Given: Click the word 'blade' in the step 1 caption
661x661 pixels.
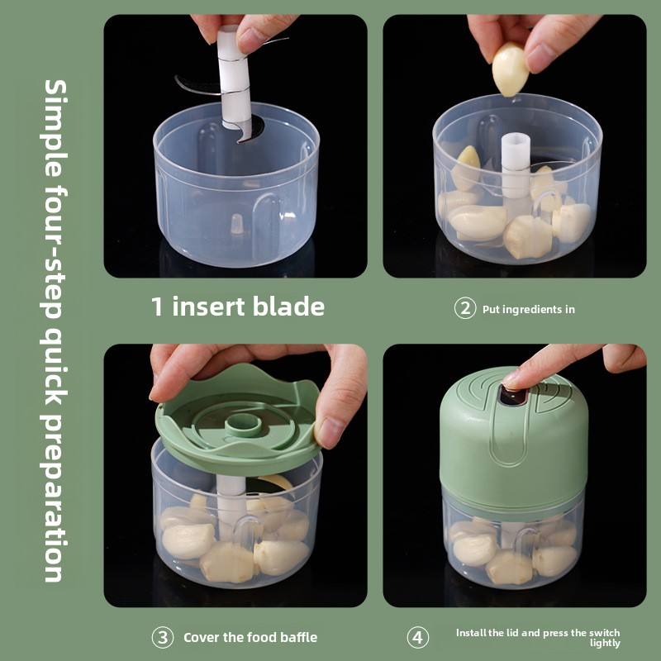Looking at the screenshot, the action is click(289, 306).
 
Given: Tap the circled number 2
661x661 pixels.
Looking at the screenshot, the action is click(465, 308).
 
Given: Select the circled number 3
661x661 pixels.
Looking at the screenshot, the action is click(163, 637).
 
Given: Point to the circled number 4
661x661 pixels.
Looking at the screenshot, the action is click(418, 637).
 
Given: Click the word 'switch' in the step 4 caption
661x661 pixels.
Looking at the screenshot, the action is click(605, 633).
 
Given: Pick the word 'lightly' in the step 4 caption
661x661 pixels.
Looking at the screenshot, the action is click(605, 644).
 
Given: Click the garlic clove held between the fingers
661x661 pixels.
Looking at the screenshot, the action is click(510, 69).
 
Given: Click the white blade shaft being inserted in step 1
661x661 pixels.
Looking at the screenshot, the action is click(235, 78).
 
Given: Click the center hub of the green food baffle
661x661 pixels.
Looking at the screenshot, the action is click(242, 425).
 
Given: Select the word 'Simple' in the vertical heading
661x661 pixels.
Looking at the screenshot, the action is click(55, 128).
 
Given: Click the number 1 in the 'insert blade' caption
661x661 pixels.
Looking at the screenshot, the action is click(157, 307).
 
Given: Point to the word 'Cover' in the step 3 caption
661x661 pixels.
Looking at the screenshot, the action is click(201, 637).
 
